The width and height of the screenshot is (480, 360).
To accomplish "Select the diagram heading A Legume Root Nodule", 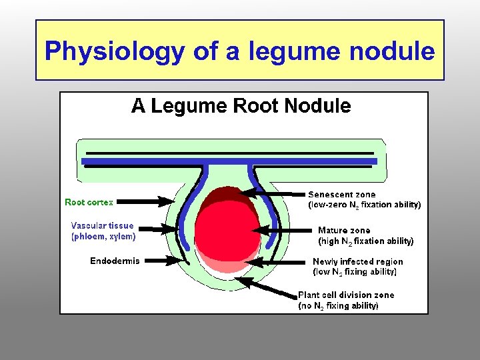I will [241, 106].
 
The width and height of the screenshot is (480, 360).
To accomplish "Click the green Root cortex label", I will [89, 202].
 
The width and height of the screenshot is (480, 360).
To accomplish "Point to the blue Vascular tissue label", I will [102, 226].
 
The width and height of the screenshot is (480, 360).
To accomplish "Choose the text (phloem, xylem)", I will [103, 236].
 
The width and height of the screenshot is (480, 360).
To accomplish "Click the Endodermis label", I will [115, 261].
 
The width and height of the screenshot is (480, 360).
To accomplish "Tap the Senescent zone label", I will [341, 195].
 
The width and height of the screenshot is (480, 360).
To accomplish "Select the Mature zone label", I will [344, 230].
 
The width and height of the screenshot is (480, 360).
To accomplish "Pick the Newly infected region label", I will [357, 262].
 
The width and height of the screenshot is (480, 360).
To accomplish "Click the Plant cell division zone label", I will [345, 295].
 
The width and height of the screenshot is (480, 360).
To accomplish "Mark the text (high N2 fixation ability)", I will [365, 241].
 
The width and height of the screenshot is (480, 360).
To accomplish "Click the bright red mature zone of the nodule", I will [224, 230].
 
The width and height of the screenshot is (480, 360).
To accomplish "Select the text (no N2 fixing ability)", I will [338, 306].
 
